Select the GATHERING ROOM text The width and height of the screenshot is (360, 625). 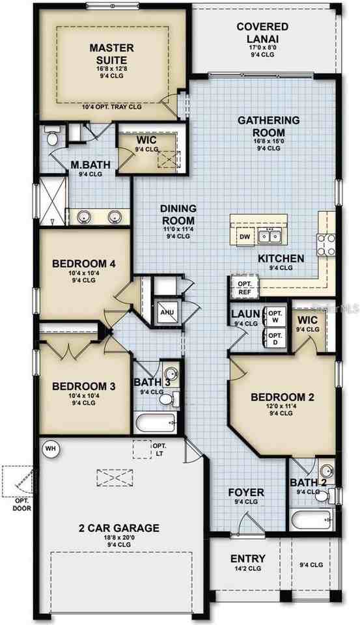268,126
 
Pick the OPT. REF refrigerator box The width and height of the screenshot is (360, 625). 244,288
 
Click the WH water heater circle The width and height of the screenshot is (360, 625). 50,448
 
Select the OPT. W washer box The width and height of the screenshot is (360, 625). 276,317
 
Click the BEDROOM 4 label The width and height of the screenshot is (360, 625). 84,264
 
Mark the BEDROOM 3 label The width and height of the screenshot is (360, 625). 84,386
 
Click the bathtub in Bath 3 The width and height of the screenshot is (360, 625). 156,423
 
